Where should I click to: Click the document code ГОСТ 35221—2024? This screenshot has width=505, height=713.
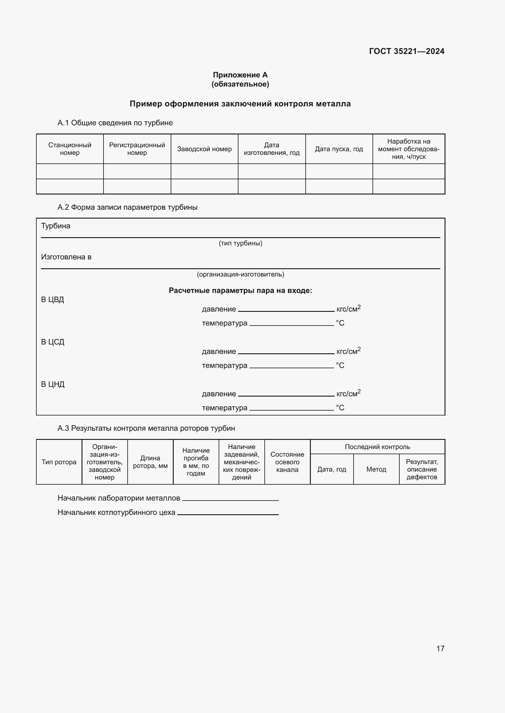[406, 51]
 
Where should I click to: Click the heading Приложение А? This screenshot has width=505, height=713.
[240, 75]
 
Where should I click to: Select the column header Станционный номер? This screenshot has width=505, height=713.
[70, 149]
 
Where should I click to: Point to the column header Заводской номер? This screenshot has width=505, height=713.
[204, 149]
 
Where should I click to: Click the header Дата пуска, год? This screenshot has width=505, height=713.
[339, 149]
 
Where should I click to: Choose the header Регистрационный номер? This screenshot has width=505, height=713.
[137, 149]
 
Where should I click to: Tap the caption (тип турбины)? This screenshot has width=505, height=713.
[240, 243]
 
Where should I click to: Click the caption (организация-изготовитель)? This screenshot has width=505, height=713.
[240, 274]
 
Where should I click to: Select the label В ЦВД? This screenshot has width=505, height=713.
[53, 300]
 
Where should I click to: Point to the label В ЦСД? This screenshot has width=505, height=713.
[53, 342]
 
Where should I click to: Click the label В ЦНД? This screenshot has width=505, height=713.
[53, 384]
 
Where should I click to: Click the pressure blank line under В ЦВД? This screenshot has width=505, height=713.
[286, 310]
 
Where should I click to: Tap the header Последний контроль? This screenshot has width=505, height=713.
[377, 447]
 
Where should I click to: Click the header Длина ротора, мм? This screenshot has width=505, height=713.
[150, 462]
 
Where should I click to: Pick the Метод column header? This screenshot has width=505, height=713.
[376, 469]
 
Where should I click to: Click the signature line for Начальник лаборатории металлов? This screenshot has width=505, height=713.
[230, 500]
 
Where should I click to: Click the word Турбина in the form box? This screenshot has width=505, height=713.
[56, 226]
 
